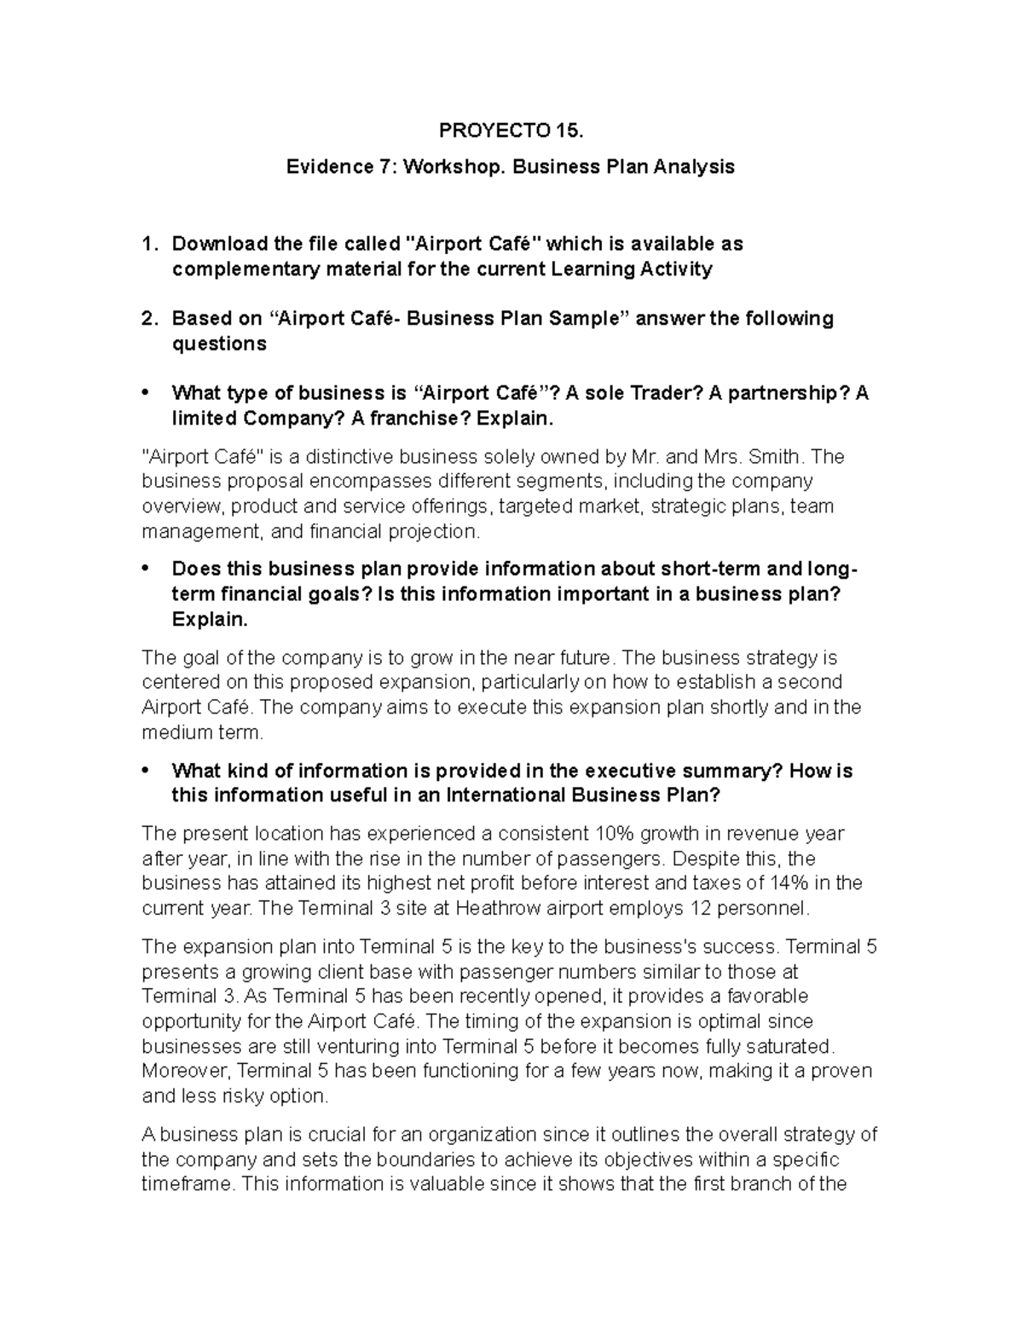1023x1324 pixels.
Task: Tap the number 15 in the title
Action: pos(569,131)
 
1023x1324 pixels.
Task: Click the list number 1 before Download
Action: pos(148,244)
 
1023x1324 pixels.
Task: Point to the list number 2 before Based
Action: pos(148,319)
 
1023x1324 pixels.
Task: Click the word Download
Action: pos(219,244)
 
